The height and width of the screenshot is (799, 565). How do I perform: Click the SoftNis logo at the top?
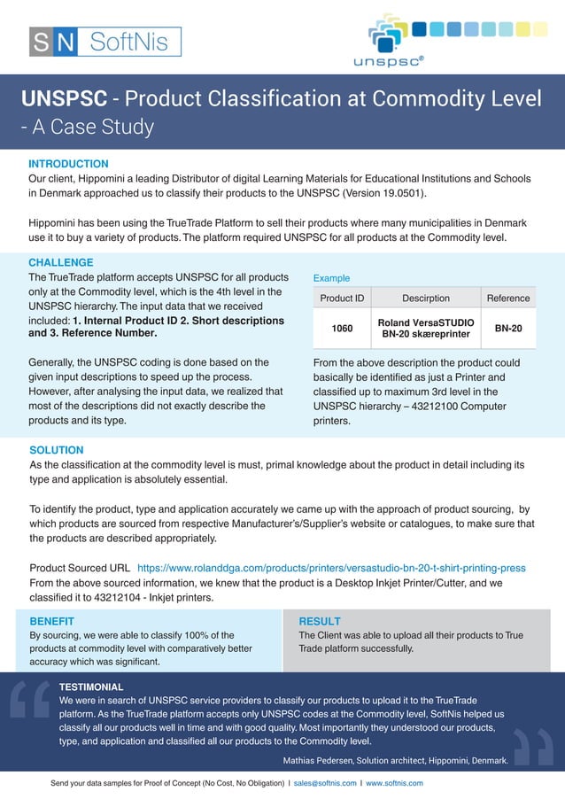pos(104,42)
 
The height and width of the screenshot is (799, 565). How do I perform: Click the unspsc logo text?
pos(388,61)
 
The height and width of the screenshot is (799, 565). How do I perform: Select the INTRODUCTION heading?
pos(68,164)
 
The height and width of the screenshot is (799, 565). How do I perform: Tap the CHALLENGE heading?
pos(60,263)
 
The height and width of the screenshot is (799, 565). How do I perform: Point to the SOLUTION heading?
pos(57,450)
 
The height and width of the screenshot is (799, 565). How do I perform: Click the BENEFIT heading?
pos(51,621)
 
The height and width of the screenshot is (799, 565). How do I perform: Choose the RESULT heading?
pos(320,621)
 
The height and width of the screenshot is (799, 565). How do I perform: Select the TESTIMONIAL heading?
pos(91,687)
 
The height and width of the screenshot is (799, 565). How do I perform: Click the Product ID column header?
pos(342,299)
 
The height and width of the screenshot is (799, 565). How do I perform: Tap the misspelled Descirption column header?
pos(426,299)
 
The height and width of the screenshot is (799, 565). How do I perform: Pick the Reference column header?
pos(508,299)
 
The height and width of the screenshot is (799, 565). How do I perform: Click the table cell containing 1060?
pos(342,329)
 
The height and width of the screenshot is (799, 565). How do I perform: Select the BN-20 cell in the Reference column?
pos(508,329)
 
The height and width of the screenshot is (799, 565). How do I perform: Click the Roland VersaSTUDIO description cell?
pos(426,329)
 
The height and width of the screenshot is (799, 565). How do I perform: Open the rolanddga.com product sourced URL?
pos(331,567)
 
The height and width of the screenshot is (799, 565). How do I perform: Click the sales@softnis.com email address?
pos(324,783)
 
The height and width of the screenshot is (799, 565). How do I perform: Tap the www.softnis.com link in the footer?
pos(394,783)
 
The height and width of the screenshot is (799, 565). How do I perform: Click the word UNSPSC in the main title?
pos(64,98)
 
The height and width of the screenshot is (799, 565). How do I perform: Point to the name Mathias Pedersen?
pos(316,760)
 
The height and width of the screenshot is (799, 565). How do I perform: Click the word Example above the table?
pos(331,278)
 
